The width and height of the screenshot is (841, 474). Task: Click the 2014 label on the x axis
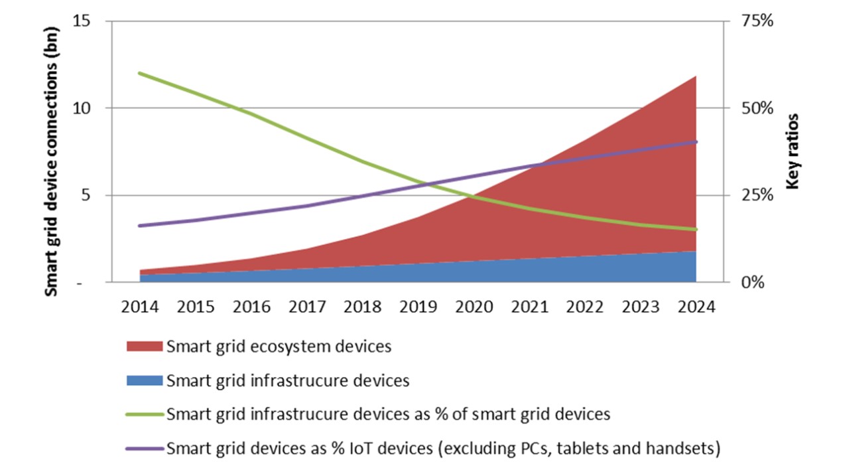click(140, 307)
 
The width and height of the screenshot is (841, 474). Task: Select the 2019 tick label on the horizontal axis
click(418, 307)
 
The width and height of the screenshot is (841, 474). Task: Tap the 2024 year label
click(696, 307)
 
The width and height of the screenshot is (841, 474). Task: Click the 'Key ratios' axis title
click(793, 151)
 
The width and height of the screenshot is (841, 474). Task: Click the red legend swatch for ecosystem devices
click(143, 346)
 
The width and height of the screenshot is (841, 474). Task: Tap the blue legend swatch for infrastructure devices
click(143, 380)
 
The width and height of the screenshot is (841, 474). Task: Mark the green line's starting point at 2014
click(140, 73)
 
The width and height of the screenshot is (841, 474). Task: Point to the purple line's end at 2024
click(696, 142)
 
